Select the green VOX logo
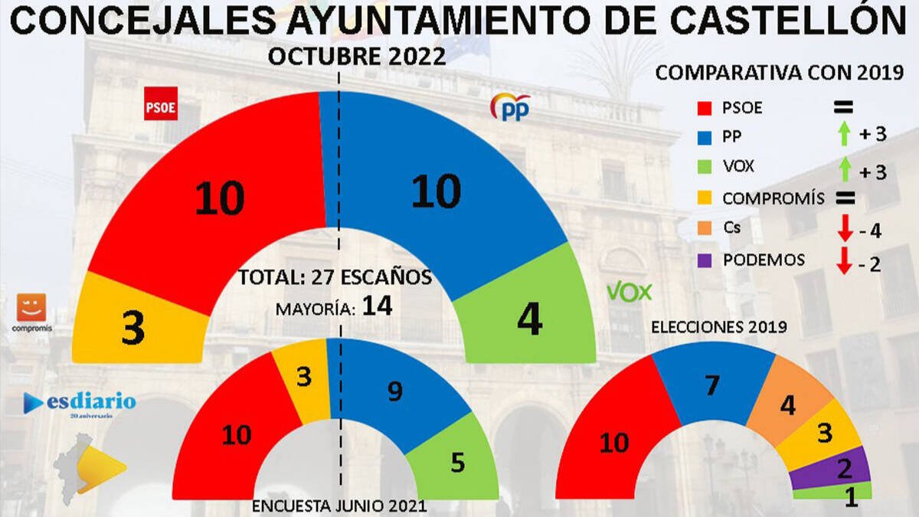[x=629, y=292]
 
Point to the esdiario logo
[x=80, y=402]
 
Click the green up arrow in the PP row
[x=844, y=135]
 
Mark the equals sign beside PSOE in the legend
[x=844, y=107]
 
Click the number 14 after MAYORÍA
[x=378, y=307]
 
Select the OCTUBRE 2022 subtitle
[x=357, y=57]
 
